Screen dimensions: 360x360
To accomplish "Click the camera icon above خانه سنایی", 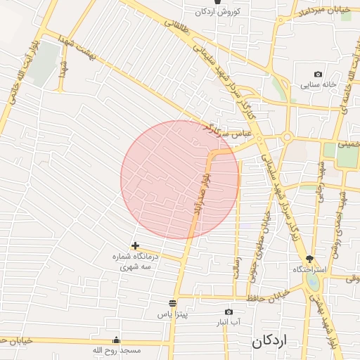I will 319,75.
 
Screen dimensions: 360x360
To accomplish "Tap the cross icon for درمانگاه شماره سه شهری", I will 135,245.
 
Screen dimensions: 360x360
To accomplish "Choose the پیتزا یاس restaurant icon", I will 173,304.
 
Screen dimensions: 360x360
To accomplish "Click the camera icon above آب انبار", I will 229,311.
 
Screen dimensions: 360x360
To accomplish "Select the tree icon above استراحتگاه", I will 309,259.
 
